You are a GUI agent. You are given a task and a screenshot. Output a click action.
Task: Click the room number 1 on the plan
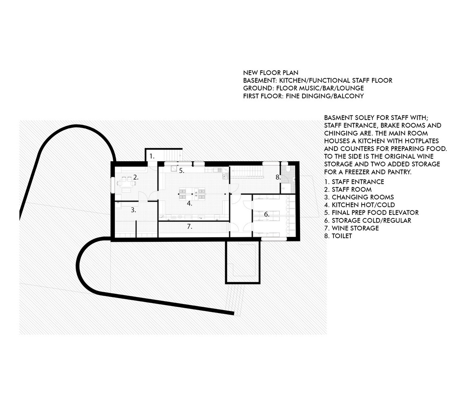pos(152,156)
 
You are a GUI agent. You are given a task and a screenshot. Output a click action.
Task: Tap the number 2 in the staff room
pos(136,177)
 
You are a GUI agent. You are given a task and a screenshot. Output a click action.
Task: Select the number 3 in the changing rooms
pos(133,210)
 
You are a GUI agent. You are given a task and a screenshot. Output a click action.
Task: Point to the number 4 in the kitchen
pos(189,203)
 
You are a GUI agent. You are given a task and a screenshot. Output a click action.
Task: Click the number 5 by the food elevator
pos(181,171)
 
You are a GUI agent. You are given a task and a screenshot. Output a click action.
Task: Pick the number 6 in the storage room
pos(267,214)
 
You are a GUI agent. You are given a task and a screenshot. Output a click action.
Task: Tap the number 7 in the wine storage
pos(190,227)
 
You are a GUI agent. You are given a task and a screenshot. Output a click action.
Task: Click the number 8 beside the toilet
pos(278,177)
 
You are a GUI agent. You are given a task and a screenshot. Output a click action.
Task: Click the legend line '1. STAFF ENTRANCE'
pos(354,182)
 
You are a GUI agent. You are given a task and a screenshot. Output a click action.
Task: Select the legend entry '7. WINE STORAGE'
pos(352,228)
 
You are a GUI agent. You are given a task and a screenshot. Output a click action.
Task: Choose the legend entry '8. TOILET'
pos(338,236)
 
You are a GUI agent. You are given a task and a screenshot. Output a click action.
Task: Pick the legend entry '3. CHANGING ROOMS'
pos(359,197)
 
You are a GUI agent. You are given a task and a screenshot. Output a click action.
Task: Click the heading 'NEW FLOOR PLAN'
pos(271,73)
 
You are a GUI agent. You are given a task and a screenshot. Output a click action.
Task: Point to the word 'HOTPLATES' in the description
pos(422,141)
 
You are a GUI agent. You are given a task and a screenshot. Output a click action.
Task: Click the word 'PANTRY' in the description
pos(400,172)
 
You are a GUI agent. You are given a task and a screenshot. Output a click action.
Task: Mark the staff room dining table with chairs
pos(126,181)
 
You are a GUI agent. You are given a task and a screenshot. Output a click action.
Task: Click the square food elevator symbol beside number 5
pos(174,169)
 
